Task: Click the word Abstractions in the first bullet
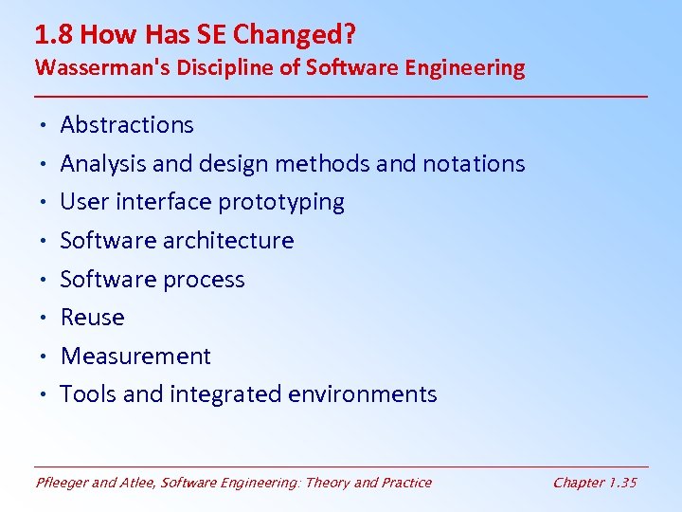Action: [127, 125]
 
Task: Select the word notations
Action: [474, 164]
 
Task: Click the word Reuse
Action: [93, 318]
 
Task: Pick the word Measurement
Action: [135, 357]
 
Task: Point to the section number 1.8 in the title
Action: [54, 35]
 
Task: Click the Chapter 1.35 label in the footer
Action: [595, 483]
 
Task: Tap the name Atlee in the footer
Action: [138, 483]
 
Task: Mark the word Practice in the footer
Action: [405, 483]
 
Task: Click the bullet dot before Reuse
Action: [45, 319]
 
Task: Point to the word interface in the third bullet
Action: [161, 203]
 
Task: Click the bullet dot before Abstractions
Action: [45, 126]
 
